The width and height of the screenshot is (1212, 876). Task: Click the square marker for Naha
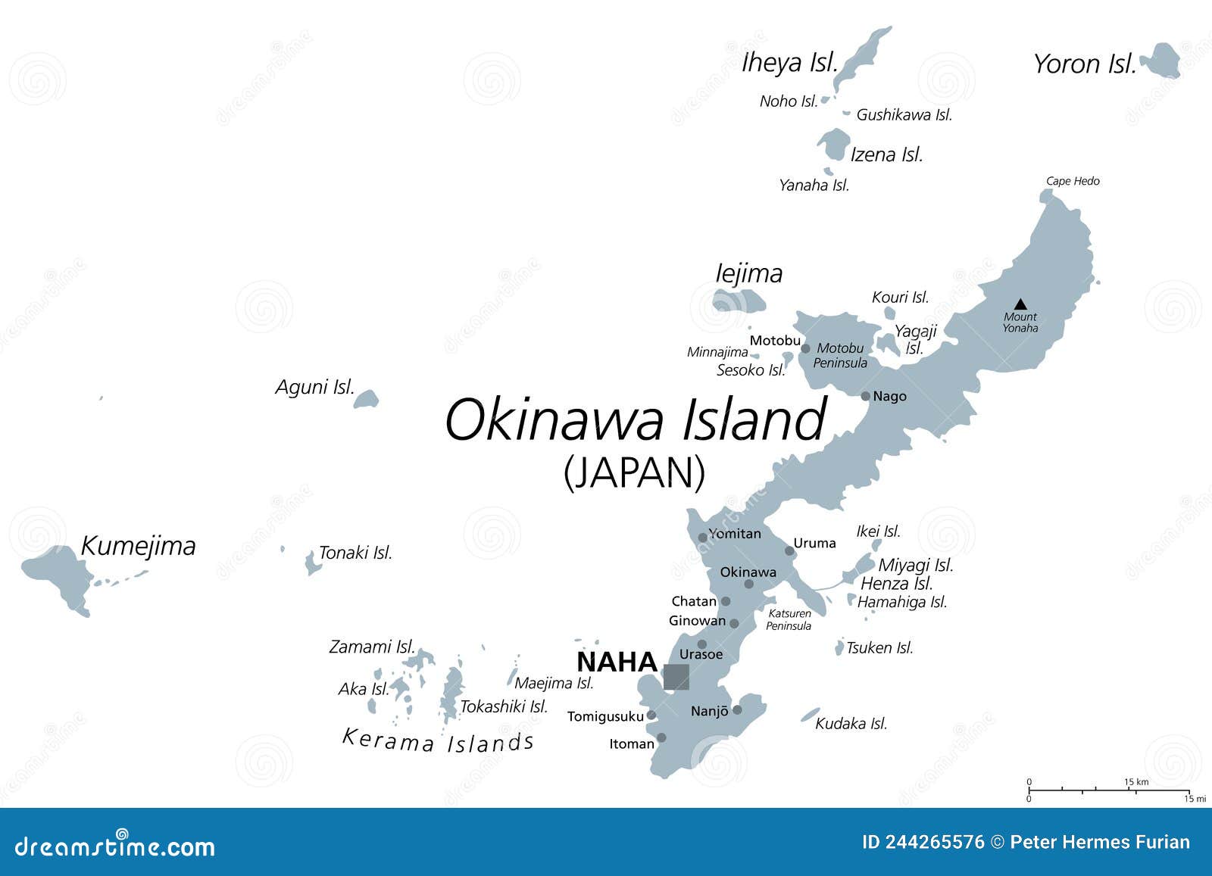click(x=676, y=676)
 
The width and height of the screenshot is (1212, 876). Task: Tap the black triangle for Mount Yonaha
click(x=1020, y=304)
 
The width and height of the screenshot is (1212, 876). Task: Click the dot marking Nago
click(x=866, y=396)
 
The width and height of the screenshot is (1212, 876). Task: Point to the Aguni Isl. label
click(x=314, y=388)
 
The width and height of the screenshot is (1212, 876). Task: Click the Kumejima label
click(x=138, y=546)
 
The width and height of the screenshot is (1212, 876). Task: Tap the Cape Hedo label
click(x=1073, y=181)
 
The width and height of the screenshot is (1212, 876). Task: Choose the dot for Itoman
click(x=661, y=737)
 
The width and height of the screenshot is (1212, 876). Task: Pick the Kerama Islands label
click(x=439, y=740)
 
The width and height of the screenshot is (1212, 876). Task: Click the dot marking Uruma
click(x=789, y=550)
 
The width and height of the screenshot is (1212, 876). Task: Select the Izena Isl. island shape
click(x=833, y=144)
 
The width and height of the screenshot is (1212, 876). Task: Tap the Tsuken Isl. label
click(x=879, y=648)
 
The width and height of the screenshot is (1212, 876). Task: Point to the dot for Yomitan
click(x=702, y=538)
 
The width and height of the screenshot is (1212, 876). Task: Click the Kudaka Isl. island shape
click(x=810, y=715)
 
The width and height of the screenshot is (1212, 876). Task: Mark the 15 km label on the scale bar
click(x=1136, y=781)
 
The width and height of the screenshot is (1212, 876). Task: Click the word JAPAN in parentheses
click(x=635, y=472)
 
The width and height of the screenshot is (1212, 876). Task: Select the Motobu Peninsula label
click(x=840, y=356)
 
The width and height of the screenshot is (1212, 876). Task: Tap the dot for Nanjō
click(x=737, y=710)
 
